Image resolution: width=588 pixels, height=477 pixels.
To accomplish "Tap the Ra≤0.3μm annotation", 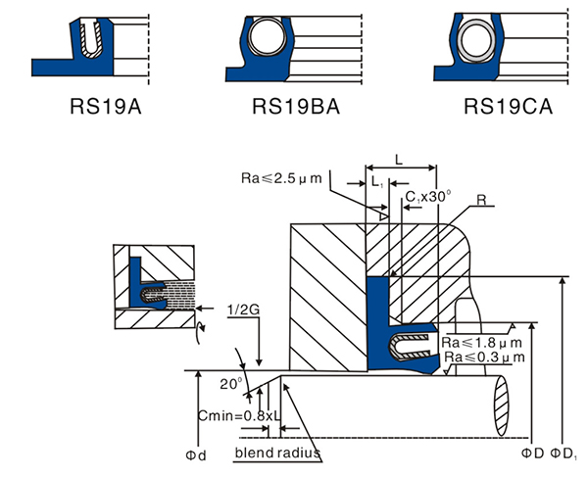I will [482, 358].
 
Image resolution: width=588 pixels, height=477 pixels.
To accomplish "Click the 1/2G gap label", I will [243, 310].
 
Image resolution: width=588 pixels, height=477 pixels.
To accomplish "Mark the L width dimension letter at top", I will [397, 158].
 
